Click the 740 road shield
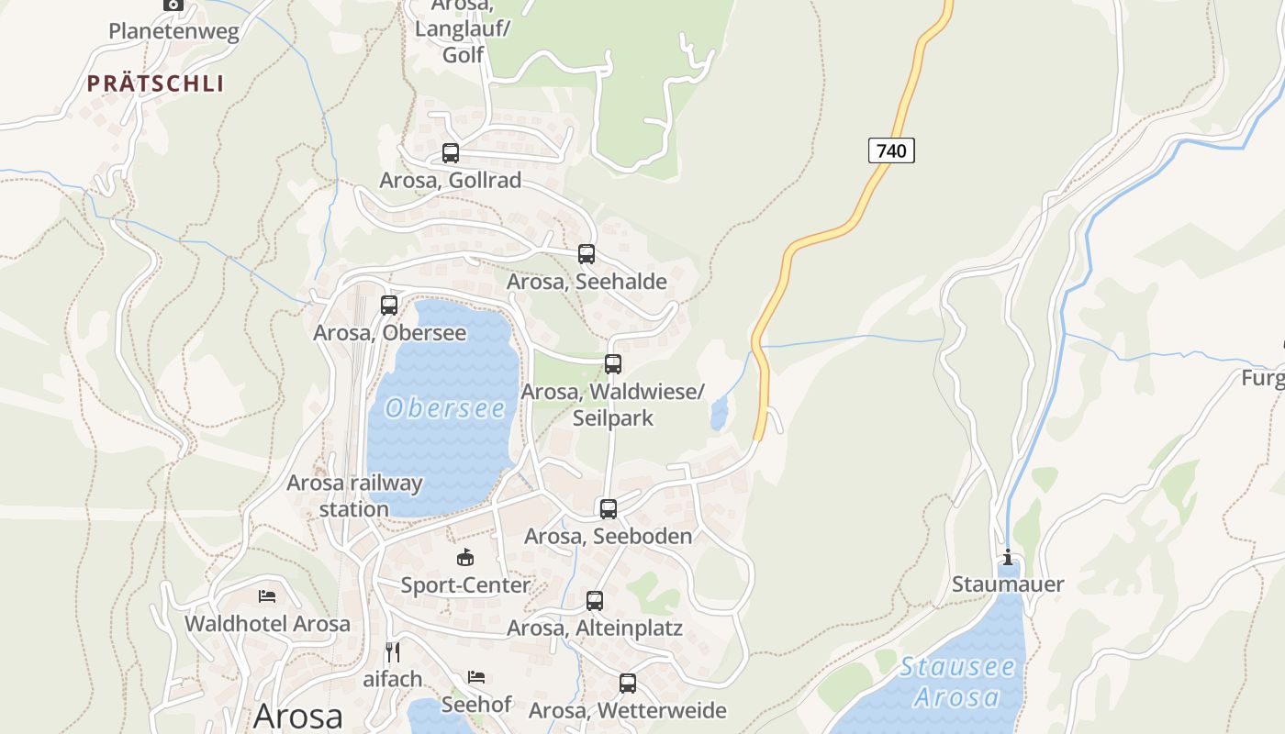coord(891,150)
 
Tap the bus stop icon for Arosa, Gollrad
coord(450,153)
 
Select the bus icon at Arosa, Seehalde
coord(586,254)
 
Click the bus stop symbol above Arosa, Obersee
coord(389,306)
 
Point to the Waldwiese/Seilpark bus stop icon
coord(612,364)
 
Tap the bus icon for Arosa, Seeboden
coord(608,508)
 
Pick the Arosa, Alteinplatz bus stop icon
coord(595,601)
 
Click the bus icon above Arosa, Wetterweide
coord(627,683)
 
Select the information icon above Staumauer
coord(1008,557)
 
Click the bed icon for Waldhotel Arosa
coord(267,596)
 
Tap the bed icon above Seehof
coord(475,677)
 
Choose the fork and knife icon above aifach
coord(393,652)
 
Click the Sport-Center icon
coord(465,557)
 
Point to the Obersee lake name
coord(445,408)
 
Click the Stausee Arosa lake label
coord(957,682)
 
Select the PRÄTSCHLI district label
coord(155,83)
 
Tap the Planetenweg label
coord(173,31)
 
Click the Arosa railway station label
coord(354,495)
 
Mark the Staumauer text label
coord(1008,584)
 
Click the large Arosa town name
coord(297,716)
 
